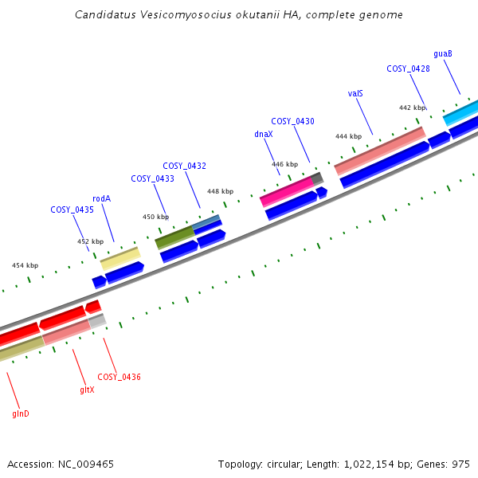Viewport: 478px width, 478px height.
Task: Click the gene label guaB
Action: click(x=443, y=53)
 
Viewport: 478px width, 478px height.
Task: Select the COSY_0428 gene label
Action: click(x=408, y=69)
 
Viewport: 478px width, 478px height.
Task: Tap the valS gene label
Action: click(x=355, y=93)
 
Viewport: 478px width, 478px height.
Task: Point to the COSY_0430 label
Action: click(x=292, y=121)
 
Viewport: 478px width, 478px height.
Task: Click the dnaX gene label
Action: click(x=264, y=134)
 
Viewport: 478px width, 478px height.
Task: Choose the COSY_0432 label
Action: click(x=184, y=166)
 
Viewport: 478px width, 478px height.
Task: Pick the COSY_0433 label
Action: click(x=152, y=178)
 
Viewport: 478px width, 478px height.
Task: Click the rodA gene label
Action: click(x=101, y=198)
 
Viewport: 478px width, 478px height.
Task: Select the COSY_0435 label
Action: click(x=72, y=210)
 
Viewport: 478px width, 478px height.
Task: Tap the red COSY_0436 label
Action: click(x=119, y=377)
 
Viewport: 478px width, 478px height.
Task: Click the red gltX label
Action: click(x=87, y=390)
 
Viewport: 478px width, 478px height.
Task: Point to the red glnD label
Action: click(x=21, y=414)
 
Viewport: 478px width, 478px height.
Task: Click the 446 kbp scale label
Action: click(x=284, y=164)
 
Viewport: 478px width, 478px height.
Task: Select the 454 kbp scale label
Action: click(x=25, y=265)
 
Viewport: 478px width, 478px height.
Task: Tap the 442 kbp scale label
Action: click(x=412, y=108)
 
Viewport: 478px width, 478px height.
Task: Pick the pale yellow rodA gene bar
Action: click(x=119, y=257)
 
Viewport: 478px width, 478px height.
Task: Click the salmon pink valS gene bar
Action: click(x=379, y=150)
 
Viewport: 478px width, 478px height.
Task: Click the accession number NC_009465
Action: click(x=88, y=463)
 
